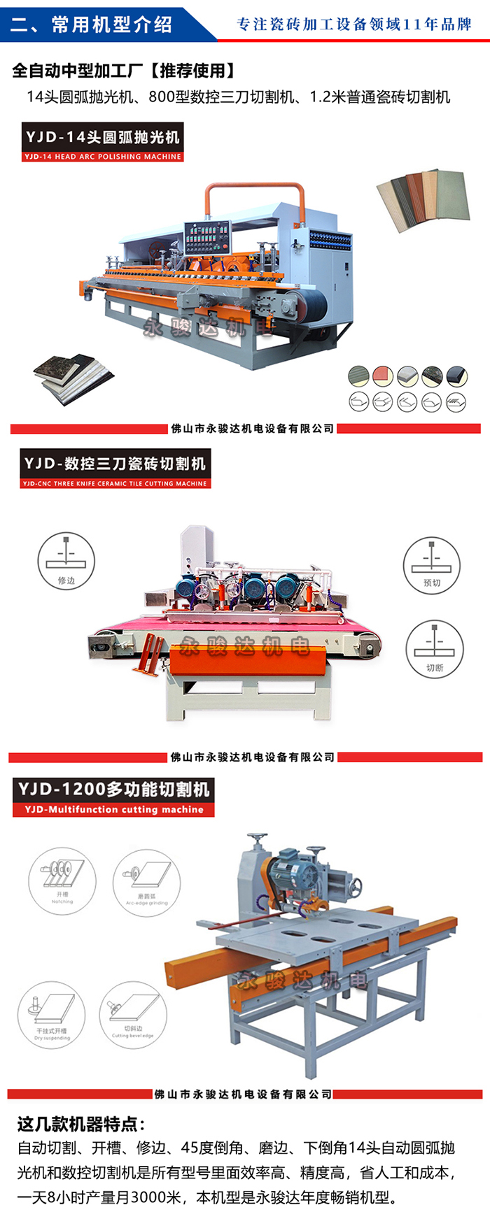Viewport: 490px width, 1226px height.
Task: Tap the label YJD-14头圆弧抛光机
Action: [103, 137]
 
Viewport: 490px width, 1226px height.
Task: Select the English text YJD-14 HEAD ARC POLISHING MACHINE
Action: [103, 157]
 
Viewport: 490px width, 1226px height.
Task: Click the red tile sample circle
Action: [383, 376]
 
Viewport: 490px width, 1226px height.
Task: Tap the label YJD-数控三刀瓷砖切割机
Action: [115, 464]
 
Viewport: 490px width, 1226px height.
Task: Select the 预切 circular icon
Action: [432, 565]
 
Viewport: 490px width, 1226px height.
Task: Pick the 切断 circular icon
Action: [435, 649]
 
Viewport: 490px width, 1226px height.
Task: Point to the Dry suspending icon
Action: [52, 1015]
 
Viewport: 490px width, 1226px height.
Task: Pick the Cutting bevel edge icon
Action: [133, 1014]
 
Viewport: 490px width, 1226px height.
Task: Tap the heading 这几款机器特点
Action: [81, 1125]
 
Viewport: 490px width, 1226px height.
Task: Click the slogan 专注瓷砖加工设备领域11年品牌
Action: [354, 24]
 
